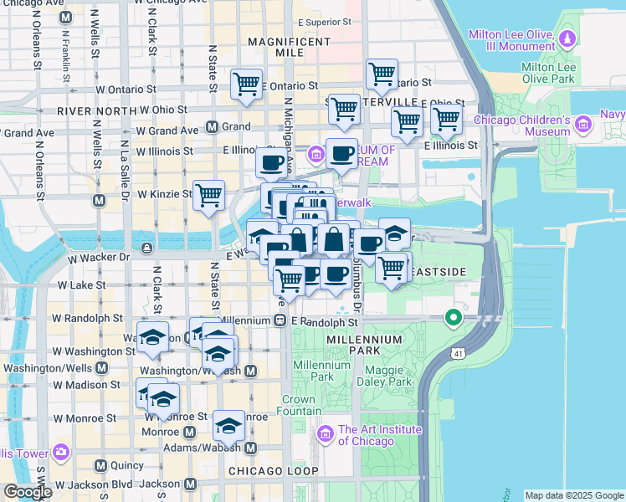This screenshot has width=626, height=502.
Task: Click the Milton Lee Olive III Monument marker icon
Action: coord(567,38)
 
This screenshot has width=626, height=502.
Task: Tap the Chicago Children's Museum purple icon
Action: coord(582,126)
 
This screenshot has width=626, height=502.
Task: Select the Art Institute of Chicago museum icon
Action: coord(326,433)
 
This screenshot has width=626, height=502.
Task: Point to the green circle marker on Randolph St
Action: coord(454,318)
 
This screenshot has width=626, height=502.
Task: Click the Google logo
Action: coord(28,491)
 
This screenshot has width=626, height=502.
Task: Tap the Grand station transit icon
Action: coord(212,127)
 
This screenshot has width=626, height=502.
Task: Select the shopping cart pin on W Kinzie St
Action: coord(208,195)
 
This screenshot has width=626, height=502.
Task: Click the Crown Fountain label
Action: coord(298,405)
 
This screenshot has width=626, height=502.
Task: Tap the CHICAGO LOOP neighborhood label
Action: coord(273,472)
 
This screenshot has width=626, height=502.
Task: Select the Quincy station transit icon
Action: coord(100,465)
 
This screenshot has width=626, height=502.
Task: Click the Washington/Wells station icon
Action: coord(101,367)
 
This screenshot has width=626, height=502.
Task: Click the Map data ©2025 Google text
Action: coord(574,495)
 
